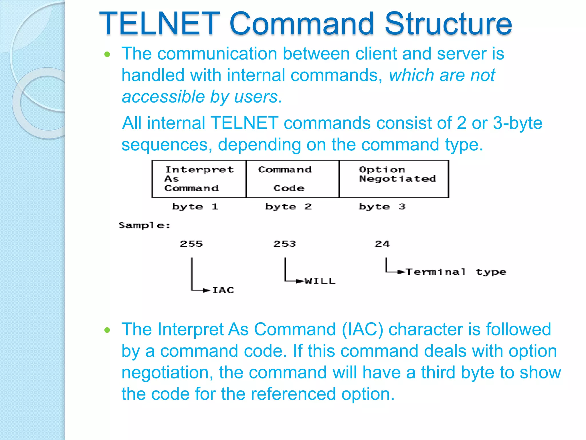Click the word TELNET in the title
[159, 23]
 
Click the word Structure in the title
[448, 23]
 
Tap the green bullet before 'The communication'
[107, 54]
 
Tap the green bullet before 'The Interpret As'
[107, 330]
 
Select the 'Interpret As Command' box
[199, 179]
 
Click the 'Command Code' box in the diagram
[292, 179]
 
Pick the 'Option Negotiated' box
[394, 179]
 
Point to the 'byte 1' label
[195, 207]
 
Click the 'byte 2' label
[288, 207]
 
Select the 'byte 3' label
[382, 207]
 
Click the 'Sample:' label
[144, 225]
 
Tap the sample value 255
[191, 244]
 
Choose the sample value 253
[284, 244]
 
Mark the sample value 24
[382, 244]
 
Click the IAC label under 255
[223, 290]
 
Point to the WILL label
[320, 281]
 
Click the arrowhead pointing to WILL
[300, 281]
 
